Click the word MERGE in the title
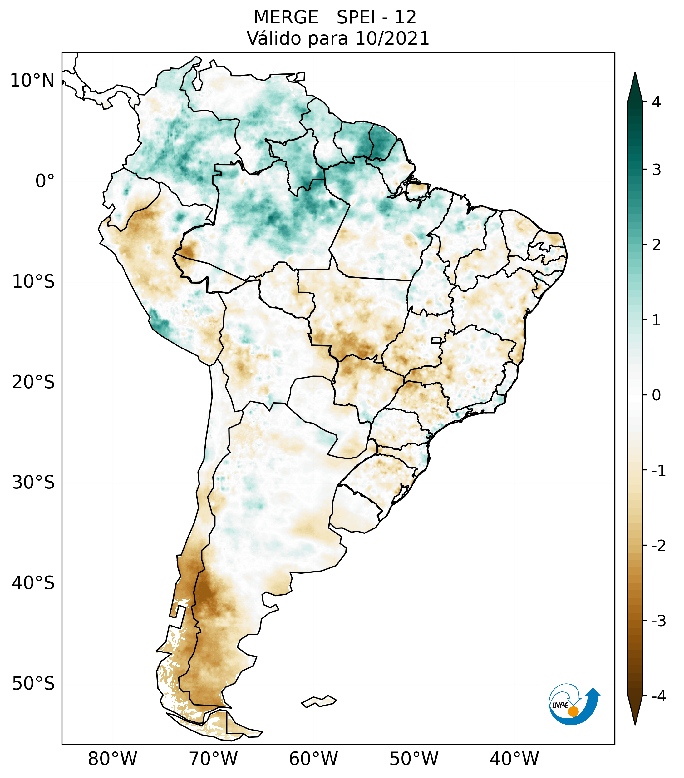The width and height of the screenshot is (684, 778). click(286, 17)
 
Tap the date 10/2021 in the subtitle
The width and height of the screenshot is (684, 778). click(392, 38)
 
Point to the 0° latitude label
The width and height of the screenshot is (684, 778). click(45, 181)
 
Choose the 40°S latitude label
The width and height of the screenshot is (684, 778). click(33, 583)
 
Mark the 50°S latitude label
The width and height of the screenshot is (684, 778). click(33, 683)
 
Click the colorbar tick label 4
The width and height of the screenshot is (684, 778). click(656, 102)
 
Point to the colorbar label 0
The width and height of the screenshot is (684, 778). click(656, 395)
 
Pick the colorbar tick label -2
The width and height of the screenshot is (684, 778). click(658, 546)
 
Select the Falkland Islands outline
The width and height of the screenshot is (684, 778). click(319, 701)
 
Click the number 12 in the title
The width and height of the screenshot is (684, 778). click(405, 17)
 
